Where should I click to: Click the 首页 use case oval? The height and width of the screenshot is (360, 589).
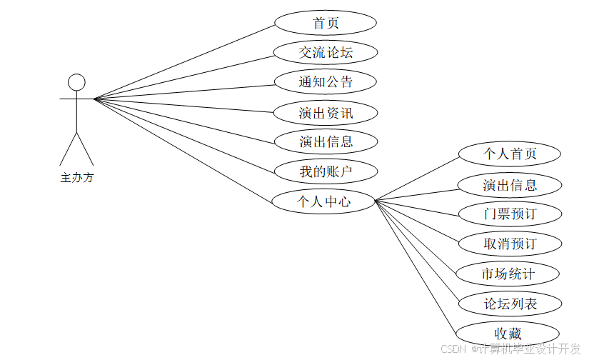pos(326,23)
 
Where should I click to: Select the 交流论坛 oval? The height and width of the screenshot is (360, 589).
pos(326,52)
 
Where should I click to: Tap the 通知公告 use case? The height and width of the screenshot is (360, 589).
pos(326,81)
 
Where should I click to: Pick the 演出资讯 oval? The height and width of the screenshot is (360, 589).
pos(326,112)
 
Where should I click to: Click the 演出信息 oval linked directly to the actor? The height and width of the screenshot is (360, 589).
pos(326,141)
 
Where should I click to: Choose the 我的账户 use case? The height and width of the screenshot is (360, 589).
pos(326,171)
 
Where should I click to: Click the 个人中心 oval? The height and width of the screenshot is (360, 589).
pos(324,201)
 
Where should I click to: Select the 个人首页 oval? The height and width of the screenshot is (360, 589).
pos(509,154)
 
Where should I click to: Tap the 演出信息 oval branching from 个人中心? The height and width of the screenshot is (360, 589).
pos(509,185)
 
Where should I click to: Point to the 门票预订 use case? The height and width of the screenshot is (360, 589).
pos(509,214)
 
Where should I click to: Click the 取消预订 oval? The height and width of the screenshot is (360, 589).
pos(509,244)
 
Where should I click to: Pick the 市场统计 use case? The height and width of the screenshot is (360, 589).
pos(509,274)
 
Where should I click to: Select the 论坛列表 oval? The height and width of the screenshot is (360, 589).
pos(509,304)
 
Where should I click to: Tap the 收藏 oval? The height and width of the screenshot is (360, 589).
pos(508,334)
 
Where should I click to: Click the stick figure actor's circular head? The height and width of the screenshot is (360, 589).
pos(76,81)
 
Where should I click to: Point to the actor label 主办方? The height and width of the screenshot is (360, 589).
pos(76,178)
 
